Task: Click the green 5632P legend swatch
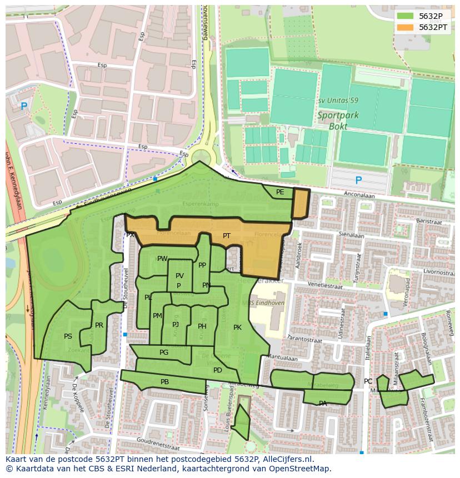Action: pyautogui.click(x=405, y=16)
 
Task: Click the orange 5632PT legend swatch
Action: pyautogui.click(x=405, y=27)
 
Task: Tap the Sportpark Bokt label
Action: pyautogui.click(x=338, y=120)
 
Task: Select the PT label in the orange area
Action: pyautogui.click(x=227, y=236)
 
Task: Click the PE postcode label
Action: pyautogui.click(x=280, y=192)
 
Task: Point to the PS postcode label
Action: pyautogui.click(x=68, y=336)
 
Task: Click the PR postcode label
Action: pyautogui.click(x=99, y=325)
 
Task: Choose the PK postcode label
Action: pyautogui.click(x=237, y=328)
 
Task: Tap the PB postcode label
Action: pyautogui.click(x=164, y=382)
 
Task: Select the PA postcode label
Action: pyautogui.click(x=323, y=404)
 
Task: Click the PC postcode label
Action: pyautogui.click(x=368, y=381)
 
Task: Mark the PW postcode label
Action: pyautogui.click(x=162, y=259)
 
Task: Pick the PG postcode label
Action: pyautogui.click(x=164, y=353)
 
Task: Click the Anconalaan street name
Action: pyautogui.click(x=359, y=195)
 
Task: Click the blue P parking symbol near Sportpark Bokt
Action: pyautogui.click(x=358, y=180)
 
